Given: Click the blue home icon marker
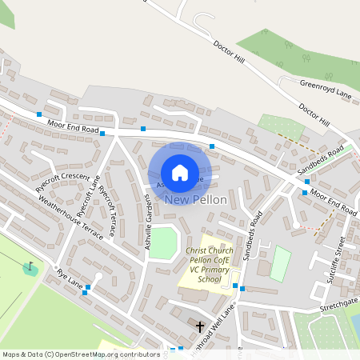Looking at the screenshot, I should (180, 173).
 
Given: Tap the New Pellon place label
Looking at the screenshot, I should (196, 199).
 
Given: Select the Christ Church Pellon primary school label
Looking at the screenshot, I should (205, 265).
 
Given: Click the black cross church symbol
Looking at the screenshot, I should (200, 326).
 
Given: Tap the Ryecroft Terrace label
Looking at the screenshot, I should (106, 212).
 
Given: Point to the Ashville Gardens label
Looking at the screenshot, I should (149, 225).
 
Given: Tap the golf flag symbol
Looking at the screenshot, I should (30, 266).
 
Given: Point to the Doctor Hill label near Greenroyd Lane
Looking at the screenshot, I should (314, 114).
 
